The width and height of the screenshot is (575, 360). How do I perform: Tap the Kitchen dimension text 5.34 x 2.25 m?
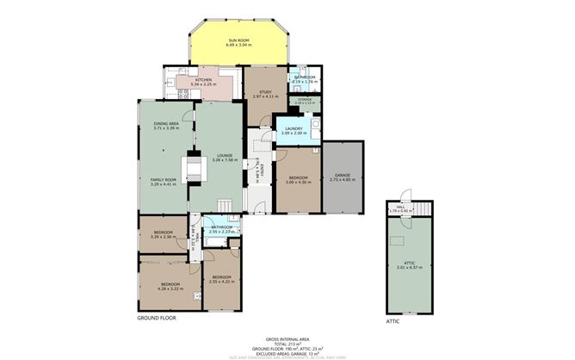tap(203, 84)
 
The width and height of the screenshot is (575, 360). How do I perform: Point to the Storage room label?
tap(305, 100)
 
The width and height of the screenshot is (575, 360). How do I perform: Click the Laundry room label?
tap(294, 128)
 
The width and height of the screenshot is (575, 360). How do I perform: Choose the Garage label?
tap(342, 175)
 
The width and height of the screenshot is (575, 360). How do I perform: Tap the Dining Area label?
tap(166, 124)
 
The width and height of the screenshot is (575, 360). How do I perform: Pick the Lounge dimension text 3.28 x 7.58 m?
tap(224, 159)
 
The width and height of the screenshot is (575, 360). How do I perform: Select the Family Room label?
tap(163, 179)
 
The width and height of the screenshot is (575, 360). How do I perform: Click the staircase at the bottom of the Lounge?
tap(225, 204)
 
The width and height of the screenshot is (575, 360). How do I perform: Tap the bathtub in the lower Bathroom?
tap(213, 244)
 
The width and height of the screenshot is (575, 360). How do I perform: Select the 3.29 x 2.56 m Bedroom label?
tap(164, 233)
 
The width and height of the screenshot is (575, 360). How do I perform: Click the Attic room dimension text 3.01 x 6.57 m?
tap(405, 268)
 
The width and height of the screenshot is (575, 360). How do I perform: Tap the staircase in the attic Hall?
tap(421, 208)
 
